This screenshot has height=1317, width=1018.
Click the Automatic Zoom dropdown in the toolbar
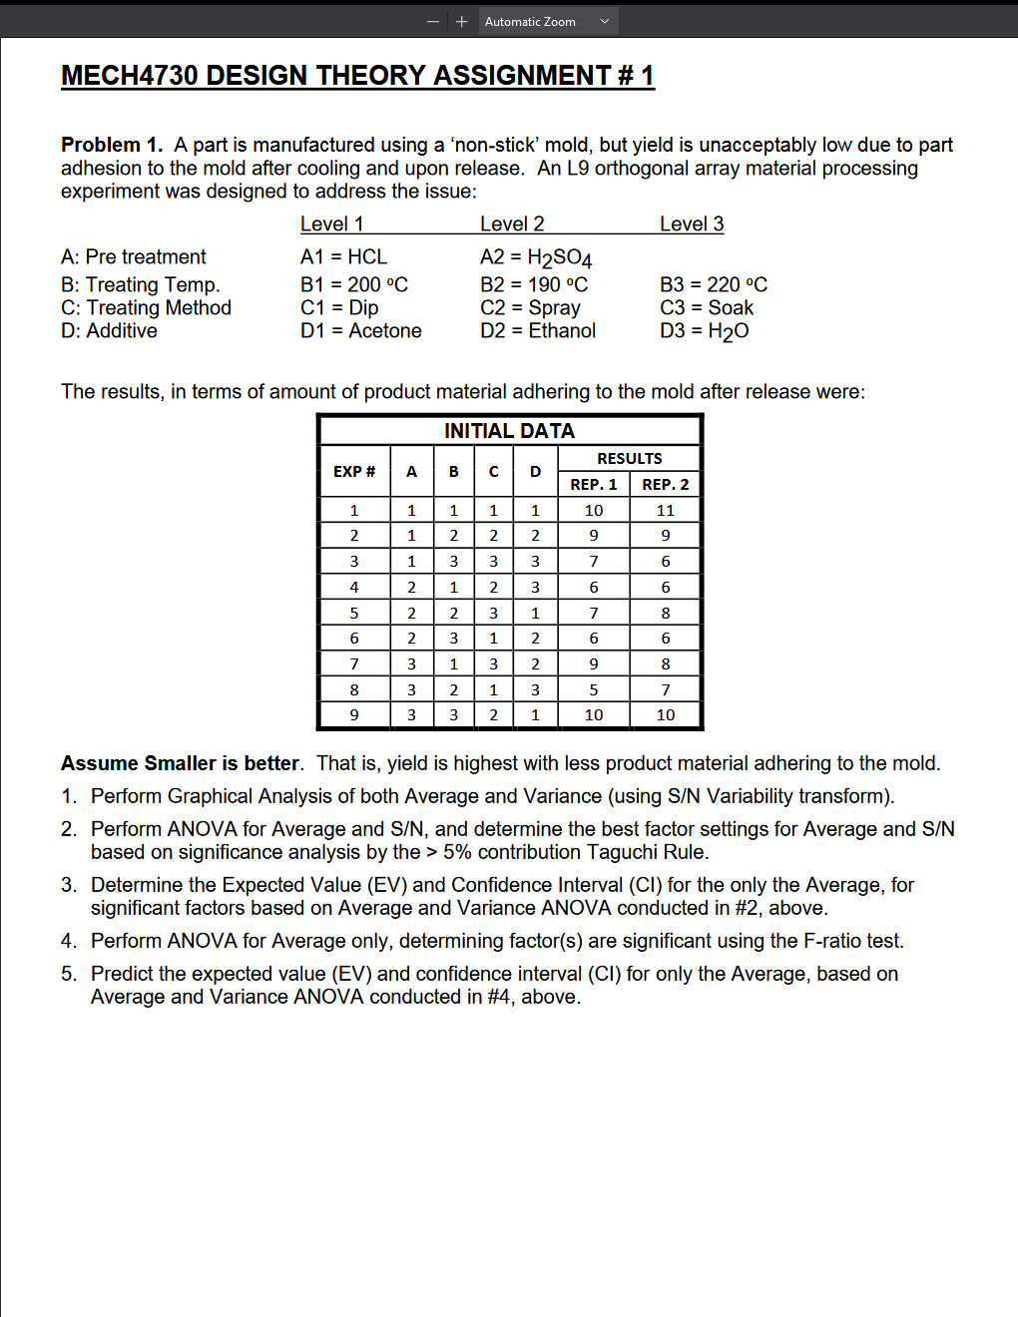[x=547, y=22]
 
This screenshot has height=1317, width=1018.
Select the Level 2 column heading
[x=512, y=224]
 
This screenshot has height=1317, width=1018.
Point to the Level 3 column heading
[x=692, y=224]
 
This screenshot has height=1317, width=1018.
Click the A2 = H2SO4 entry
[x=536, y=257]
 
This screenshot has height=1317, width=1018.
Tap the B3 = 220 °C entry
[x=714, y=285]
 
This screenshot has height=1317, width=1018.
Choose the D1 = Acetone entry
[x=361, y=331]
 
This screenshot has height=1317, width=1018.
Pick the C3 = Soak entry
[x=707, y=308]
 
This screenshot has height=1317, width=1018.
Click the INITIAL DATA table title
[x=509, y=431]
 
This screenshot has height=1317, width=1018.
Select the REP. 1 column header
[x=594, y=485]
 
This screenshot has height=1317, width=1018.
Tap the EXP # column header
[x=354, y=472]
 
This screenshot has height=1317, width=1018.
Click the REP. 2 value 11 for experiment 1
[x=666, y=511]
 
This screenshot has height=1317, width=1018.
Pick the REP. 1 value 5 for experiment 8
[x=594, y=690]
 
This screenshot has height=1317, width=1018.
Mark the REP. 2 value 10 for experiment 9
[x=666, y=715]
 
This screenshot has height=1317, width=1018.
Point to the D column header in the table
[x=536, y=472]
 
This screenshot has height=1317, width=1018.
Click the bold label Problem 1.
[x=111, y=146]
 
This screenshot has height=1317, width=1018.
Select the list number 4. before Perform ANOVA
[x=68, y=942]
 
